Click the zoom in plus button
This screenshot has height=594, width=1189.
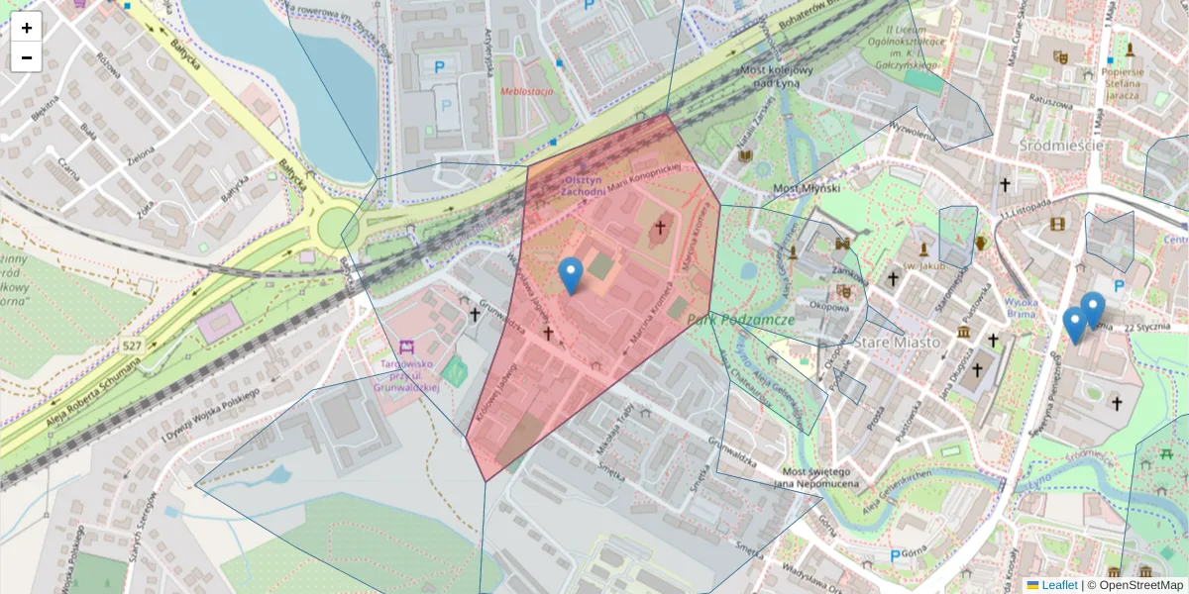(27, 28)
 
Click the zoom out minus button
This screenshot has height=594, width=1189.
(27, 57)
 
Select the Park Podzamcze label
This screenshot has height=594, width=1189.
(754, 320)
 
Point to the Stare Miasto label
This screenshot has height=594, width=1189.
(897, 342)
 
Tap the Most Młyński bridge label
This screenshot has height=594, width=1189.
(807, 188)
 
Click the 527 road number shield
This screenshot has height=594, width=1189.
(133, 346)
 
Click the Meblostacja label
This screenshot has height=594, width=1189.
(527, 91)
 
